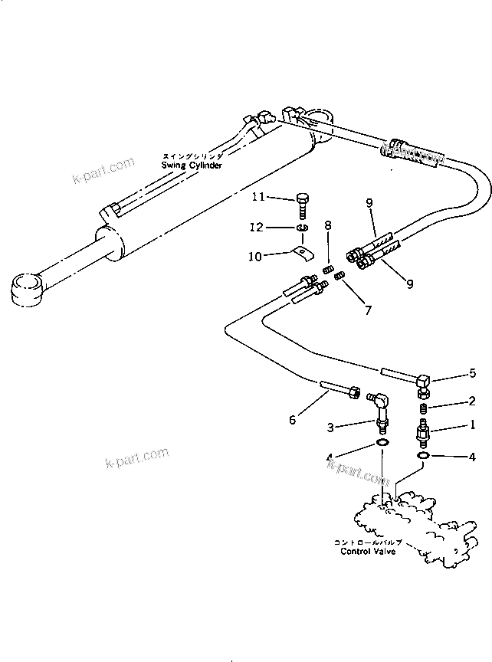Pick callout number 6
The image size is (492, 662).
292,420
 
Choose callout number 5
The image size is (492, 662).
473,373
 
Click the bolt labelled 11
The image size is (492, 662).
303,205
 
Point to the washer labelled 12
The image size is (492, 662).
303,228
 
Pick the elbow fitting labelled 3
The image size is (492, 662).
382,404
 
